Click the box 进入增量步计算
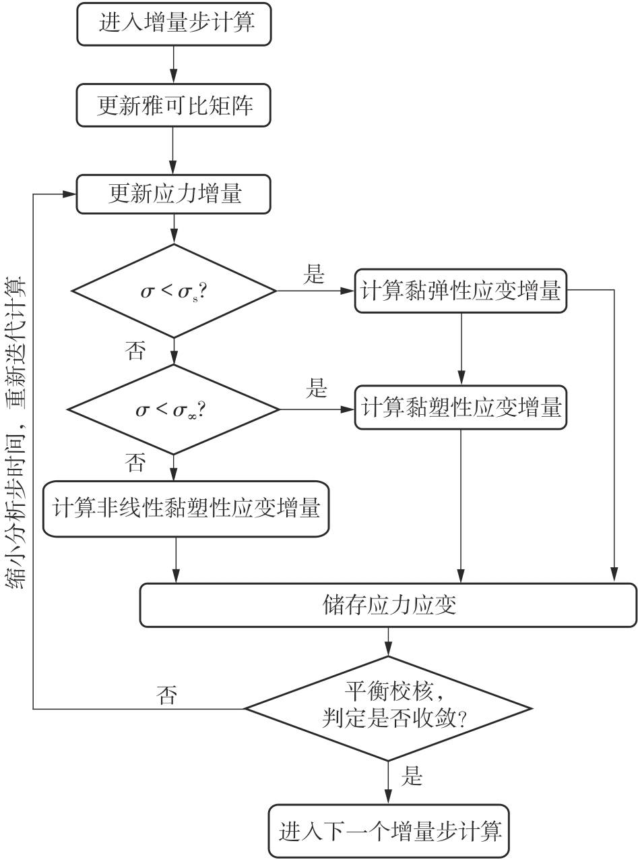pos(174,24)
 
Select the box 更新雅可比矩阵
pos(174,106)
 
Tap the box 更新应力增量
pos(174,195)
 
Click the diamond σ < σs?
pos(174,291)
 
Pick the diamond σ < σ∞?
pos(174,409)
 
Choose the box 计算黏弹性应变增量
pos(461,291)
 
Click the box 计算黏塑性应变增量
pos(461,407)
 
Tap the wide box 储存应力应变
pos(389,604)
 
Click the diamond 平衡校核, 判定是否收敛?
pos(389,708)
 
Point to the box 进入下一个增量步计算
pos(389,830)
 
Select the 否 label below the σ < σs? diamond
pos(135,351)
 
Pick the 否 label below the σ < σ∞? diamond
pos(135,463)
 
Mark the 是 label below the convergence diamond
pos(412,777)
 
